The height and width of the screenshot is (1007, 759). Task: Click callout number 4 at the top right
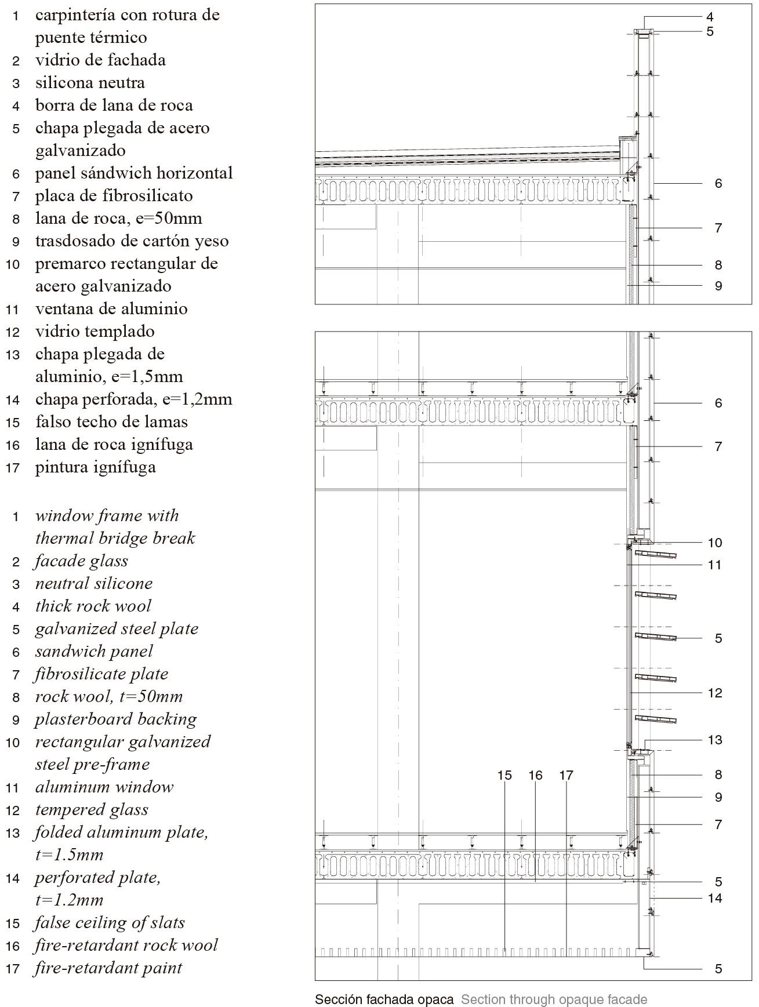(x=710, y=17)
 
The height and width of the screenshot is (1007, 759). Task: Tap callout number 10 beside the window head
(x=714, y=543)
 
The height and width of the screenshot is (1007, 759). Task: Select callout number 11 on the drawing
(x=714, y=565)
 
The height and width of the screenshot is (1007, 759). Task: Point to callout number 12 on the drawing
(x=714, y=693)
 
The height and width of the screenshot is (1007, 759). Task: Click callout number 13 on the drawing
(x=714, y=740)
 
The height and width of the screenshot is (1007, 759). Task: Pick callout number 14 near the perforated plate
(x=714, y=898)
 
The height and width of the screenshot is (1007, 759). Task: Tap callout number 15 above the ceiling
(x=504, y=775)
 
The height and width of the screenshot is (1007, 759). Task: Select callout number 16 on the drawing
(x=535, y=775)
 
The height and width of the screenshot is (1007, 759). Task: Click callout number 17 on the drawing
(x=566, y=775)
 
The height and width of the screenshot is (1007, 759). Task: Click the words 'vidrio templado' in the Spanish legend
(x=95, y=332)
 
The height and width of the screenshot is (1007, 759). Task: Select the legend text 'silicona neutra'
(x=90, y=83)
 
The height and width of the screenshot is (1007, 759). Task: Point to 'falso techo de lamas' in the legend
(x=111, y=422)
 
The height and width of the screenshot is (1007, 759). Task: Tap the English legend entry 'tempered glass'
(x=92, y=810)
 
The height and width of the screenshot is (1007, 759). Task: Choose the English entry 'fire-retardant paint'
(x=108, y=968)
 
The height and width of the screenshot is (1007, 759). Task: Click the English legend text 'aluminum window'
(x=104, y=787)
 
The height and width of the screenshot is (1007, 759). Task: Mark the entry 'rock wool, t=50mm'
(x=108, y=697)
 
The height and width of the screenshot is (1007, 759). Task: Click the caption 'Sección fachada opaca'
(x=384, y=999)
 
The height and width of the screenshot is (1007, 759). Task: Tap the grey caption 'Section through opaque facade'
(x=554, y=999)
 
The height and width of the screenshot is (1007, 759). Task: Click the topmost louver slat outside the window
(x=656, y=555)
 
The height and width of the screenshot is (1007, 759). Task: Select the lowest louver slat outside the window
(x=656, y=719)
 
